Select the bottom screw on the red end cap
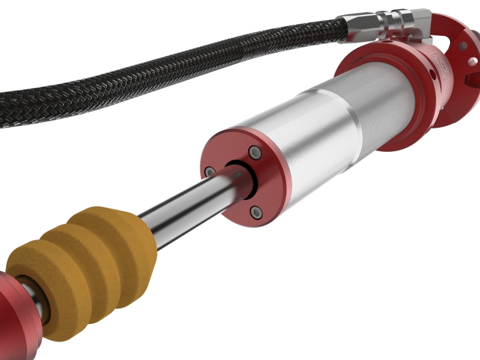coord(256,211)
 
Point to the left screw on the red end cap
coord(209,172)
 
